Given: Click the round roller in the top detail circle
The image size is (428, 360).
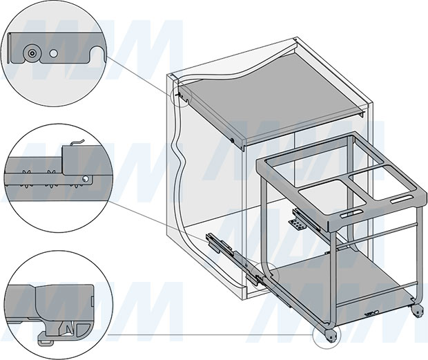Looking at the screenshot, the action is point(32,53).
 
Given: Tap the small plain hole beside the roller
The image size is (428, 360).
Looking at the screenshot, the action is point(54,53).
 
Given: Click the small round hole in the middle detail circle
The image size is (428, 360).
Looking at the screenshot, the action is point(86,179).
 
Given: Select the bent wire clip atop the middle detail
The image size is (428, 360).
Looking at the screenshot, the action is point(77,142).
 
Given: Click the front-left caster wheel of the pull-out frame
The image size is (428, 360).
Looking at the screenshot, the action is point(331,337).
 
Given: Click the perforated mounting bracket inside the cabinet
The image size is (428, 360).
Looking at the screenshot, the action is point(297,225).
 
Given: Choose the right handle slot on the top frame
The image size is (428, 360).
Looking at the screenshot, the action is point(402,199).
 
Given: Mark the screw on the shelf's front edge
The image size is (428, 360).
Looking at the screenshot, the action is point(232,140).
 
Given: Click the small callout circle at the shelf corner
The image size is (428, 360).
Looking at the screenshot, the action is point(182,96).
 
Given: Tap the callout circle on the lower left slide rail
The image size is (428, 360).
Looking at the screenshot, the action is point(264,276).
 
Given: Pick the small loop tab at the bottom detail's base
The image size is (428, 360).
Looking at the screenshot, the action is point(44,340).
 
